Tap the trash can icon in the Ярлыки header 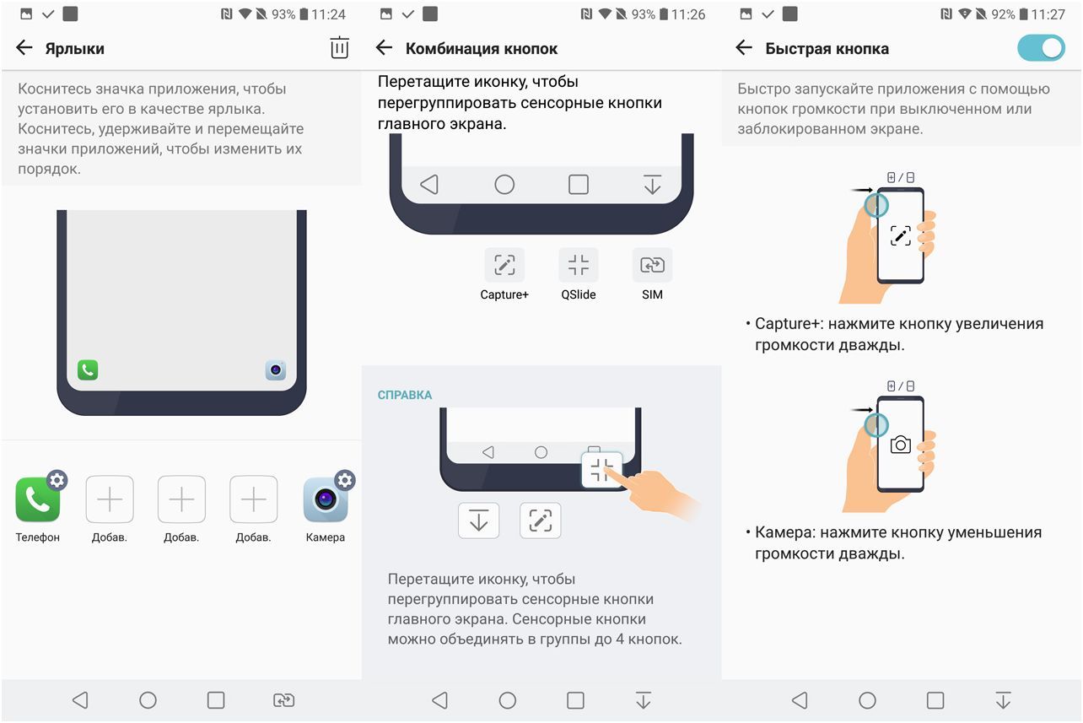[x=339, y=48]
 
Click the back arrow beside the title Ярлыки [x=24, y=48]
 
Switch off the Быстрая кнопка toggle [x=1041, y=48]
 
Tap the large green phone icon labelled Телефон [x=38, y=500]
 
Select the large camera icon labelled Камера [x=326, y=500]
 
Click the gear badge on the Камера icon [x=344, y=480]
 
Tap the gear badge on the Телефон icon [x=57, y=480]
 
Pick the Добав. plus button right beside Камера [x=254, y=500]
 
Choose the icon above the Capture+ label [x=504, y=265]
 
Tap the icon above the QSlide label [x=579, y=265]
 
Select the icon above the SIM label [x=652, y=265]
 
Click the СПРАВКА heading [x=405, y=395]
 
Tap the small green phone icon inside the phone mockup [x=88, y=370]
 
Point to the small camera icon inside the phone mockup [x=276, y=370]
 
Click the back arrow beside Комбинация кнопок [x=385, y=48]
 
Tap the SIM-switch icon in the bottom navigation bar [x=283, y=700]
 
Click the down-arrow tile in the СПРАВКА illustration [x=479, y=521]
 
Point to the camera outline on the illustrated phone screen [x=901, y=445]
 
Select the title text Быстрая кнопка [x=827, y=48]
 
